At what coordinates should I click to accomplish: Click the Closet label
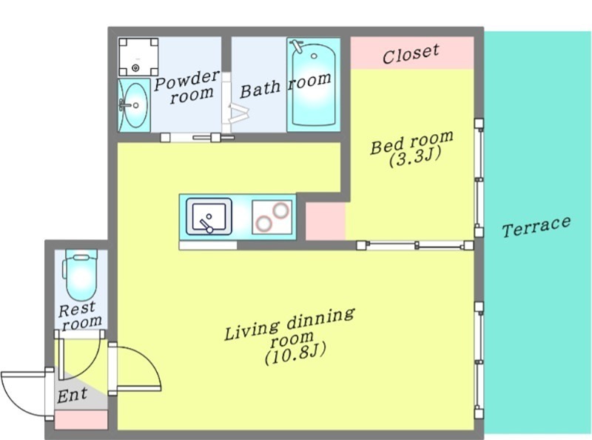(411, 53)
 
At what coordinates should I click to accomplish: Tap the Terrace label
(536, 226)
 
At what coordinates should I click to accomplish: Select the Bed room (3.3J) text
(412, 148)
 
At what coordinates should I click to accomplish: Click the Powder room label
(187, 87)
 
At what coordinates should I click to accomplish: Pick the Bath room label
(286, 86)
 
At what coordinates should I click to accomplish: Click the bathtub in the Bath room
(313, 84)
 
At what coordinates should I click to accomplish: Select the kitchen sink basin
(209, 216)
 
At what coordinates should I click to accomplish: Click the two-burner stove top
(272, 217)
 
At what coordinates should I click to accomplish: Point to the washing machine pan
(138, 57)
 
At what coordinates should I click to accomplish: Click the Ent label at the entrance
(72, 396)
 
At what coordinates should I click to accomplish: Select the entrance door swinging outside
(25, 393)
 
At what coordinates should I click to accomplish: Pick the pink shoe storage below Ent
(81, 420)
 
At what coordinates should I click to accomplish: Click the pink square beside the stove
(326, 221)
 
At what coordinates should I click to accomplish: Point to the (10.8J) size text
(295, 354)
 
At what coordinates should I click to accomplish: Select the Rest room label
(80, 316)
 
